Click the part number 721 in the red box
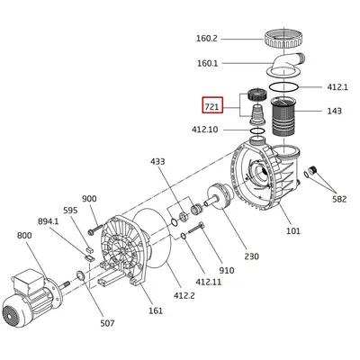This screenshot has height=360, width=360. click(x=212, y=106)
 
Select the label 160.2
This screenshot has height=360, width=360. click(x=207, y=39)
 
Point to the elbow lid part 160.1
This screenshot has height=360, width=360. click(x=286, y=65)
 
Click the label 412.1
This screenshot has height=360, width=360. click(x=337, y=87)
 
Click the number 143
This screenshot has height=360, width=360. click(x=334, y=111)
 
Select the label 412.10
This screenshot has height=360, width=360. click(x=204, y=130)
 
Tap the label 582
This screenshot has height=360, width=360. click(x=339, y=199)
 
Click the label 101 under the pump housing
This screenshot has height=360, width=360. click(x=293, y=230)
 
